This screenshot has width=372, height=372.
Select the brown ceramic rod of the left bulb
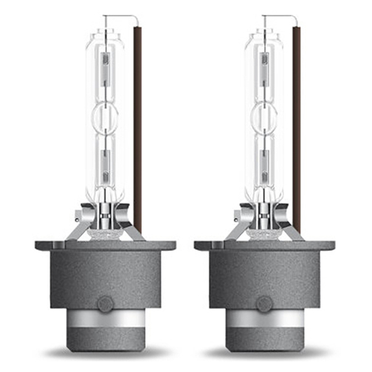click(x=138, y=124)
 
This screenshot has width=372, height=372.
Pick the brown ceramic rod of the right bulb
click(x=296, y=124)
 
